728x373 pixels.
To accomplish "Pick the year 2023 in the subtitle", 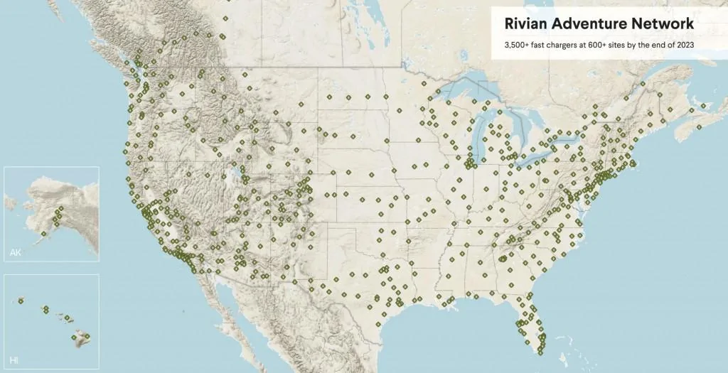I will (x=684, y=45).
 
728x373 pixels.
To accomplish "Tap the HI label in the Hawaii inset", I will (x=14, y=361).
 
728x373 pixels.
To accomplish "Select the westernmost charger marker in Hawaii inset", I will (x=21, y=301).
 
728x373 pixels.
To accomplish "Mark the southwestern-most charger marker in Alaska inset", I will (x=43, y=233).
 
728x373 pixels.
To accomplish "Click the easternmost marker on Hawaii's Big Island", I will (x=87, y=336).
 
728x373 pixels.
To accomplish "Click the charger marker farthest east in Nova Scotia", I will (x=703, y=106).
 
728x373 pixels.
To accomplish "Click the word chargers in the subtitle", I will (x=566, y=45).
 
